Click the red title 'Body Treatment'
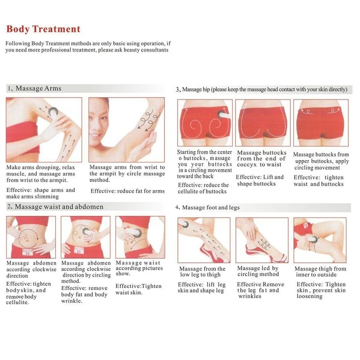[43, 29]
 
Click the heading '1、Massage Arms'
[35, 88]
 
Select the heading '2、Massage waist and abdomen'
[55, 207]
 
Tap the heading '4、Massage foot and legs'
[207, 207]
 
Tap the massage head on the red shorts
[223, 115]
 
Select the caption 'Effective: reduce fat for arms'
[127, 191]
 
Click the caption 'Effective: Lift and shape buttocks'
[260, 180]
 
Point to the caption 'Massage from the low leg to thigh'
[202, 272]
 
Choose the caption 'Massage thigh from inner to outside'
[320, 272]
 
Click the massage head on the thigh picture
[313, 239]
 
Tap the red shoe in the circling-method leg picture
[266, 253]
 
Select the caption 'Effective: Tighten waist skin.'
[139, 289]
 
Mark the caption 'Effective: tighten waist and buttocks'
[319, 181]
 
